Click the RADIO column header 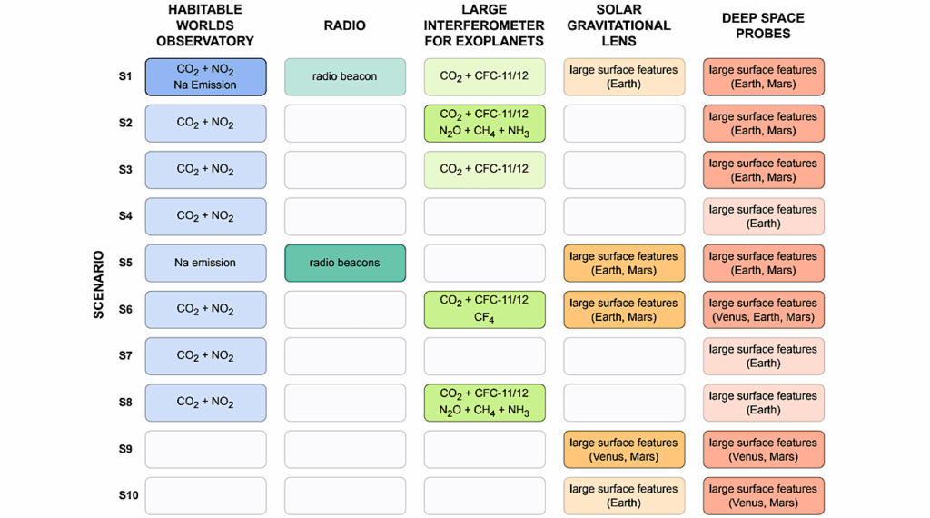345,26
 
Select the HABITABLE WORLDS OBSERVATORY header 205,25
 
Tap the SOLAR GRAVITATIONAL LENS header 623,25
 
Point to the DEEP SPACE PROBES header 763,25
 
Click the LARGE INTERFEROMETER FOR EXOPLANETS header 484,25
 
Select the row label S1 125,76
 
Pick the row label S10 128,495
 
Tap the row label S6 125,309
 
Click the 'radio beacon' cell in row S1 345,77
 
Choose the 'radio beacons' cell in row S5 345,263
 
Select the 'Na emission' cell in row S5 205,263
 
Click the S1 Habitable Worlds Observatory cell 205,77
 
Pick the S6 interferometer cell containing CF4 484,309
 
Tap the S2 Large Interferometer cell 484,124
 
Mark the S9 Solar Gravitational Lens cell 624,449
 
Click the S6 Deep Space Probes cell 764,310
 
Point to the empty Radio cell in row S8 345,403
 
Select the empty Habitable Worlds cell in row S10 205,496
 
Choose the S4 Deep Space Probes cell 764,216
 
